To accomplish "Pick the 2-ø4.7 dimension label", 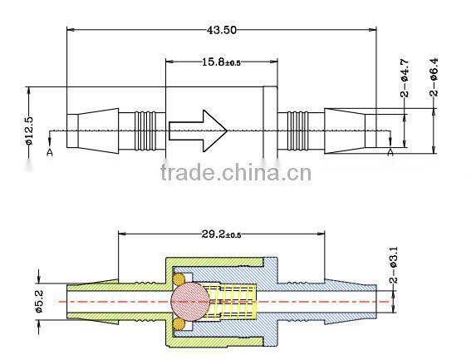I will pos(405,80).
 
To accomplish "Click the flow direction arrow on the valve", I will pos(198,129).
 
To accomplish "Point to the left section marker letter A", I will pos(50,152).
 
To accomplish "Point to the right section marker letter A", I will pos(391,152).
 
